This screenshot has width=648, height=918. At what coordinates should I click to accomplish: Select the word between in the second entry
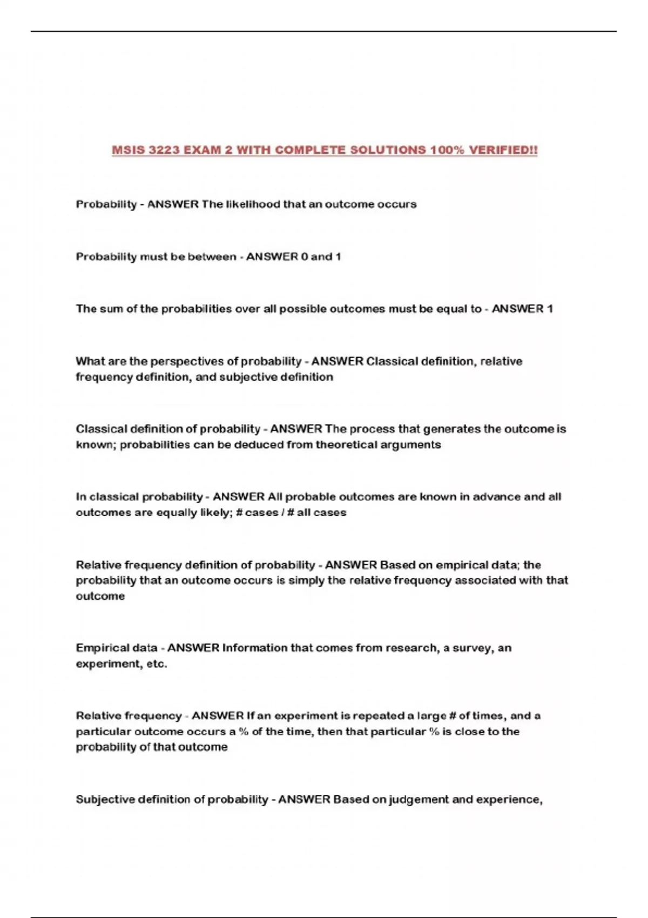tap(212, 257)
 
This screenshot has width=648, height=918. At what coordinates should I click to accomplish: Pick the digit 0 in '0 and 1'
tap(305, 257)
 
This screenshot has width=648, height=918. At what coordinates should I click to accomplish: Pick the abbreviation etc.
tap(157, 664)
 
